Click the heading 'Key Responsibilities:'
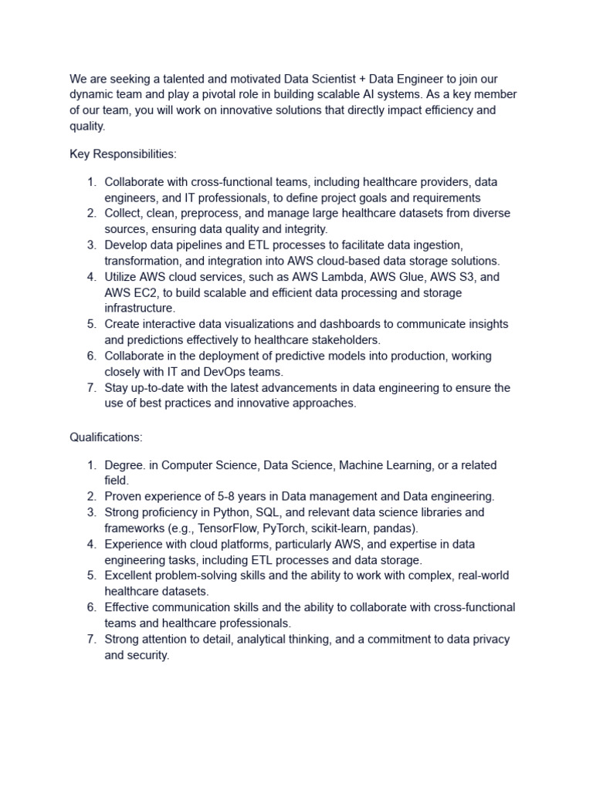(x=123, y=154)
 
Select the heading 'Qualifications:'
(x=106, y=437)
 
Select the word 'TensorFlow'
(x=229, y=528)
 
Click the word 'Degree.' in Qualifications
(x=126, y=465)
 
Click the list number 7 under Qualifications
(x=90, y=639)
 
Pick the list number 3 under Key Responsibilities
(x=90, y=245)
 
